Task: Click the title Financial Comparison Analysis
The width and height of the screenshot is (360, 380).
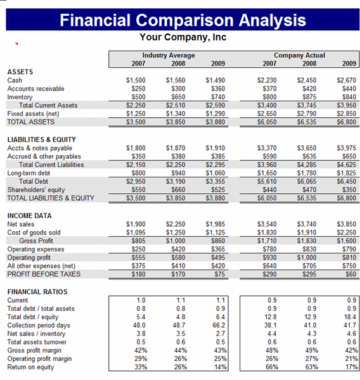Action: point(183,20)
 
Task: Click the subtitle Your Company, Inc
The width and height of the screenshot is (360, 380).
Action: point(183,37)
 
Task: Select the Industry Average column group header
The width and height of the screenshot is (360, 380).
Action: point(169,55)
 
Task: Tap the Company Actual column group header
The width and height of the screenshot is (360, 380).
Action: point(300,55)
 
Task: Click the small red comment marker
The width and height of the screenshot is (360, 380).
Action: point(16,44)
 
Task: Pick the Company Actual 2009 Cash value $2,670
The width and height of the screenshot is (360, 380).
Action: point(347,80)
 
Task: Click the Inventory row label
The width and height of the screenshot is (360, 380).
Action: point(20,97)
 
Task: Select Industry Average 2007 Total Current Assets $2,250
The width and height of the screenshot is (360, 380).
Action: point(136,105)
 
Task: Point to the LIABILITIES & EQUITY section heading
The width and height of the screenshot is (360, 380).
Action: point(41,139)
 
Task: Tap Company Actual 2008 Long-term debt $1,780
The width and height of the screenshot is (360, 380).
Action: point(307,173)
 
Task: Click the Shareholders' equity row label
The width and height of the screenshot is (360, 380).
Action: point(36,190)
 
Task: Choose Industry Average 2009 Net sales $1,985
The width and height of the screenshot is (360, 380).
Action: point(215,224)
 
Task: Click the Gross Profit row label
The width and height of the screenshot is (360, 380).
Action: point(36,241)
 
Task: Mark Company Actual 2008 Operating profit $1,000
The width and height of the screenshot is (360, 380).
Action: point(307,257)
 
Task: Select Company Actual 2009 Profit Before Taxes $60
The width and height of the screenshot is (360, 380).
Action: point(350,274)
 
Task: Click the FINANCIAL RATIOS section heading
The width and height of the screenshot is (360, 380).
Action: point(37,292)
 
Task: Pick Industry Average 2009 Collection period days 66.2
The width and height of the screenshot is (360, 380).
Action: point(219,326)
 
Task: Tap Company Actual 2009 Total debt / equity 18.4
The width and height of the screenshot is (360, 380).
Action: point(350,317)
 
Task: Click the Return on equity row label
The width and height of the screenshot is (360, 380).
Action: point(30,367)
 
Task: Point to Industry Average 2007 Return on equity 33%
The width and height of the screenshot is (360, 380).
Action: point(141,367)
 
